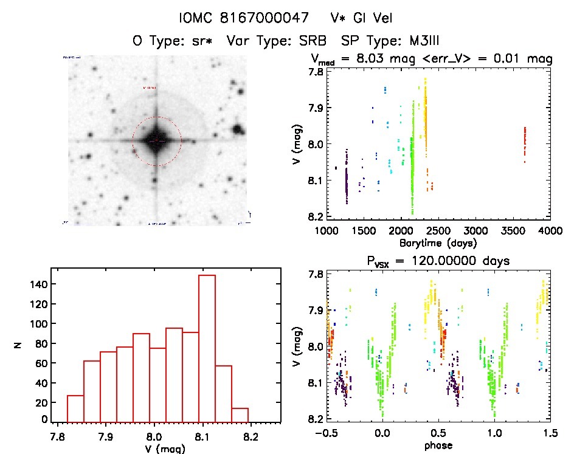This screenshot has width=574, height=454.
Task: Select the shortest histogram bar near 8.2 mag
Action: tap(240, 414)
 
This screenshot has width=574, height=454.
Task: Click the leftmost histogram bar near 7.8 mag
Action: tap(75, 408)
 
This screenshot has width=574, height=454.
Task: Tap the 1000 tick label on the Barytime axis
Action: tap(327, 231)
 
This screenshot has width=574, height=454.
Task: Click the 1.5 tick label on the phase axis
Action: tap(549, 433)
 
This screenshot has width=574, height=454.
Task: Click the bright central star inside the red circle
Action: tap(156, 140)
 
